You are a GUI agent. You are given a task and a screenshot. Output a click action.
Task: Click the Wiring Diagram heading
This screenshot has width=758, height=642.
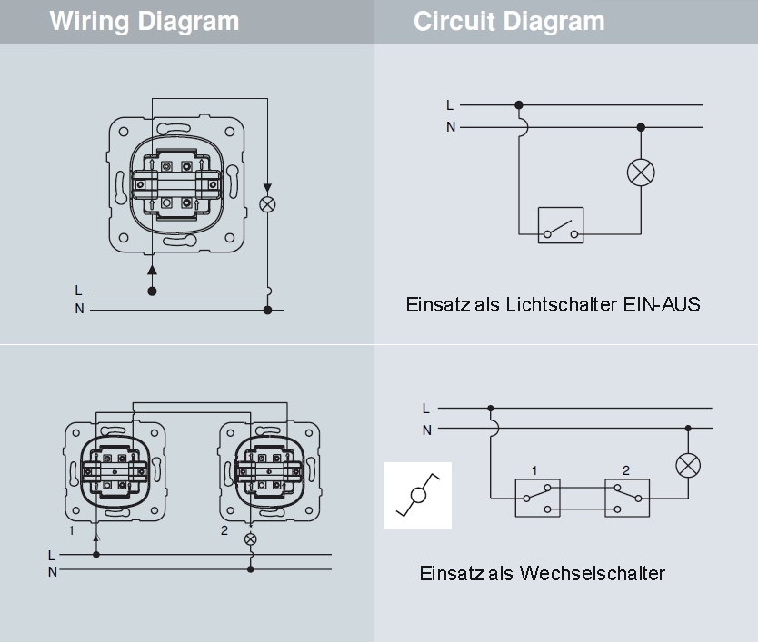[x=145, y=22]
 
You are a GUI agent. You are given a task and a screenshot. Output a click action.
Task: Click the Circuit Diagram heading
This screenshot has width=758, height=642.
[x=509, y=22]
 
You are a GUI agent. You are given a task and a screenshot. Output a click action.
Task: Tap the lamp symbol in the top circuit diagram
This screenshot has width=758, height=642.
[x=642, y=173]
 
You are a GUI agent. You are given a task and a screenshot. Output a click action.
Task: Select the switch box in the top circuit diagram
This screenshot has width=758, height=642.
[x=561, y=225]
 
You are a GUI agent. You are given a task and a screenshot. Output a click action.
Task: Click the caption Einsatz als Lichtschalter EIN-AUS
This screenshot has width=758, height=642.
[x=553, y=304]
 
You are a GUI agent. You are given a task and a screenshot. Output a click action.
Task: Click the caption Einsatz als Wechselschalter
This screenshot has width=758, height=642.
[x=542, y=573]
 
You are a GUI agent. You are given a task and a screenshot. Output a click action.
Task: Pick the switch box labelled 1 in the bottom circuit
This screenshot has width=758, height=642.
[x=537, y=498]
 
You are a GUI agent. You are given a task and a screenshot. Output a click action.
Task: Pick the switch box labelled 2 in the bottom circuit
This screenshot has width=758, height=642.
[x=627, y=498]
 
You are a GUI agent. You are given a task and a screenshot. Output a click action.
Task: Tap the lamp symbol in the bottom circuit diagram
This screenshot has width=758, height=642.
[x=688, y=466]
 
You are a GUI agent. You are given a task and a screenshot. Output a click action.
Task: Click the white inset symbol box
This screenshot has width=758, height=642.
[x=418, y=496]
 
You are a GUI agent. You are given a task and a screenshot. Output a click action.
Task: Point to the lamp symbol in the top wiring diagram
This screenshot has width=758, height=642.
[x=267, y=204]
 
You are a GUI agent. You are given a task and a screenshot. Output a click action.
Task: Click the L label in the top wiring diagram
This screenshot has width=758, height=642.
[x=79, y=291]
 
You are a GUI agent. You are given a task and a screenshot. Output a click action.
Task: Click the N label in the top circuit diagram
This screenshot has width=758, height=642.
[x=451, y=127]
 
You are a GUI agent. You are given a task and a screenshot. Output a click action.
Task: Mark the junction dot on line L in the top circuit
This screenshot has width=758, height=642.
[x=519, y=105]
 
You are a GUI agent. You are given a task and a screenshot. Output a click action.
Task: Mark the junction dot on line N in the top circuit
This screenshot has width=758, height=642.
[x=641, y=127]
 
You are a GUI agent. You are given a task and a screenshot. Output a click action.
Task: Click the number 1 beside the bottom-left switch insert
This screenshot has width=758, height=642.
[x=71, y=529]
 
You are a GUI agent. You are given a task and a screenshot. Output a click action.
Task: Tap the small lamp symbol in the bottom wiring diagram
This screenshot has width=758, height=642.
[x=251, y=538]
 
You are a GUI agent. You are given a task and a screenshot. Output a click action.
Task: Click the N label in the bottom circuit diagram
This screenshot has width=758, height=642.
[x=426, y=430]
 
